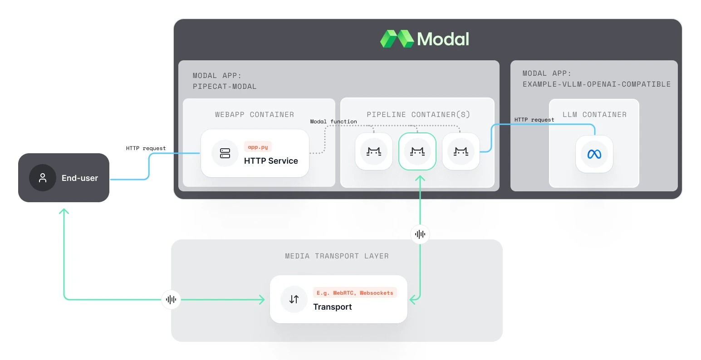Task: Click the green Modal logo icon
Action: [397, 39]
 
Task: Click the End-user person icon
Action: [43, 178]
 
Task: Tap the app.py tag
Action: [258, 147]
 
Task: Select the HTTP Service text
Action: [271, 161]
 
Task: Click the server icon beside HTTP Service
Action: [225, 153]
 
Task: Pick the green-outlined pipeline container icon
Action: [417, 151]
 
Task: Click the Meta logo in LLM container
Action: [594, 154]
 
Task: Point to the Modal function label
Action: [333, 122]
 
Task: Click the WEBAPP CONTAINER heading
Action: [255, 115]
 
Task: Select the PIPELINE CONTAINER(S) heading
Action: [418, 115]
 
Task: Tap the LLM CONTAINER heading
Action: [594, 115]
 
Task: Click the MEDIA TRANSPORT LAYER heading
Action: [337, 256]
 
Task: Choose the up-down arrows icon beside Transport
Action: [294, 299]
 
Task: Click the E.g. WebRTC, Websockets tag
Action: [355, 293]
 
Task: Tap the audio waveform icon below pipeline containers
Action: [420, 234]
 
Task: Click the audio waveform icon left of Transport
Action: [171, 299]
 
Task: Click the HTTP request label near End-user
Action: [146, 148]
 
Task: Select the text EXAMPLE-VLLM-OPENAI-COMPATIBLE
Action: [596, 84]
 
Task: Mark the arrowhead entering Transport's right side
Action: [412, 299]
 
